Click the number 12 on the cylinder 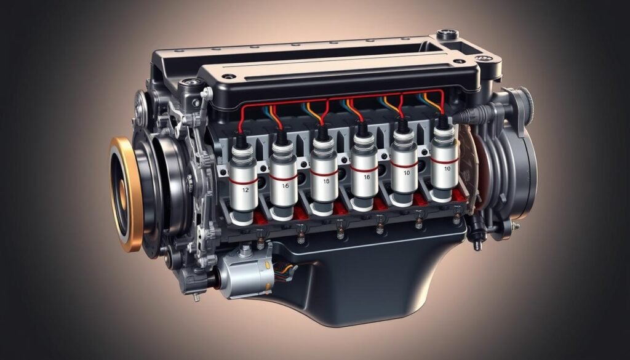[x=245, y=190]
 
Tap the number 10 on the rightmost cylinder [x=446, y=168]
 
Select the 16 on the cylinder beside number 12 [x=285, y=185]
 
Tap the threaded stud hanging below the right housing [x=477, y=242]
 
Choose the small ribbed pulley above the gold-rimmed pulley [x=143, y=105]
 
